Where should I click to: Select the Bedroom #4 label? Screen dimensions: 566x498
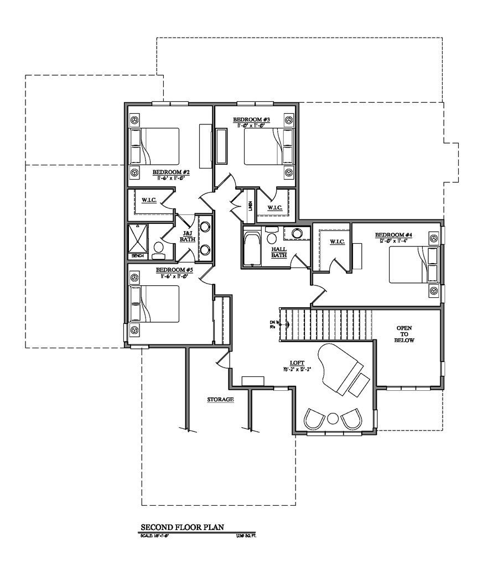[393, 234]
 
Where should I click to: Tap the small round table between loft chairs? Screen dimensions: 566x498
[334, 418]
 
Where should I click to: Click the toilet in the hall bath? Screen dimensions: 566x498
[271, 236]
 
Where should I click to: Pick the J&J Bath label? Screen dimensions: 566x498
[186, 236]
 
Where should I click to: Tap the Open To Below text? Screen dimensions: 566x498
[404, 334]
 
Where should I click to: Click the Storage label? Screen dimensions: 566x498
[220, 399]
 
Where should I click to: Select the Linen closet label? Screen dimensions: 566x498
[250, 206]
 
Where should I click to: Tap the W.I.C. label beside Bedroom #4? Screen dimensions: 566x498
[337, 242]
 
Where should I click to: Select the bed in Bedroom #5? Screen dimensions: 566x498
[154, 305]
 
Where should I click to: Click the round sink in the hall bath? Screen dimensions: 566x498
[297, 233]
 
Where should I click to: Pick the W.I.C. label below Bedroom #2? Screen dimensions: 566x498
[148, 199]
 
